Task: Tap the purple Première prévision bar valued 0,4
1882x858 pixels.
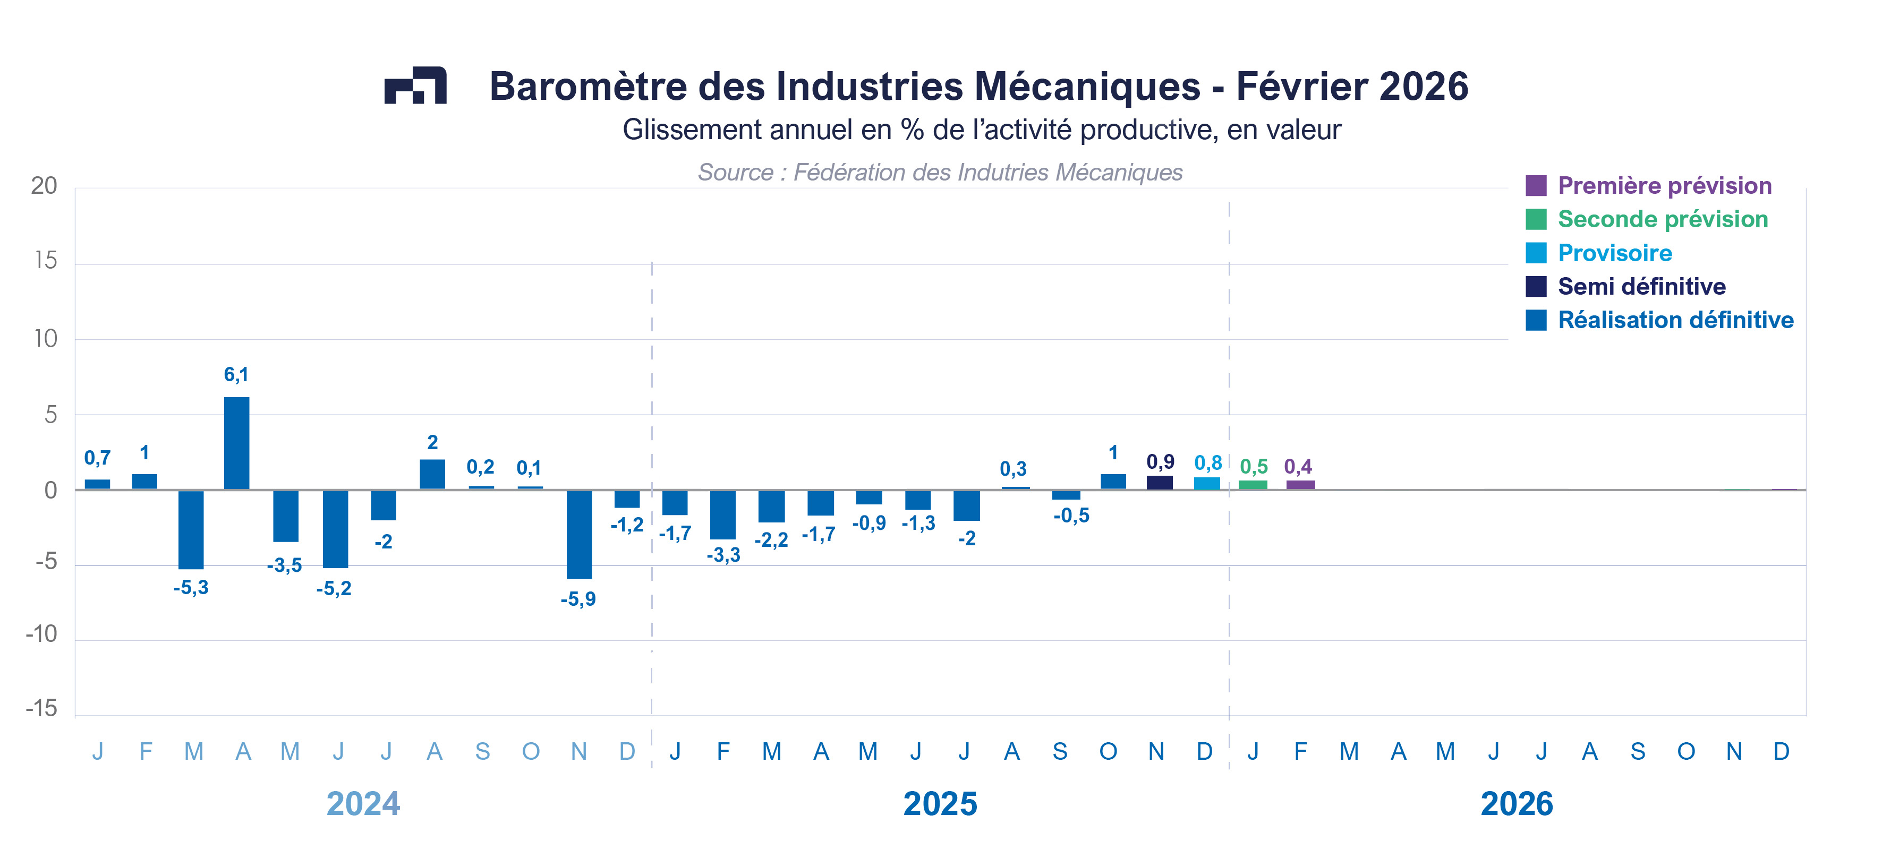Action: tap(1300, 485)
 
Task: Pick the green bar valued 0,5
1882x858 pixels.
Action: tap(1253, 485)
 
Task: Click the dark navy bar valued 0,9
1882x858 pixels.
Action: tap(1160, 482)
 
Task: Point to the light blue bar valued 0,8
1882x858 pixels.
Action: tap(1206, 483)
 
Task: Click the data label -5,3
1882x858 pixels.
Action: tap(191, 588)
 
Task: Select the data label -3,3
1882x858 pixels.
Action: tap(723, 555)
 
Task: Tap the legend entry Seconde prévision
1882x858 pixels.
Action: tap(1662, 219)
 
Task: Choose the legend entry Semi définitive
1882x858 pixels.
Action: tap(1641, 286)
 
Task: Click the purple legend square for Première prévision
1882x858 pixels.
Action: tap(1536, 185)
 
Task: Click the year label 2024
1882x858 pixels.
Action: tap(363, 804)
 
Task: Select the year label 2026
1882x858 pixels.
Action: tap(1516, 804)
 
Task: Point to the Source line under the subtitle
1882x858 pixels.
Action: tap(940, 173)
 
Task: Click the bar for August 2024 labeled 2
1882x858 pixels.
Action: tap(432, 474)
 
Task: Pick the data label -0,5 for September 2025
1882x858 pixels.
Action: tap(1071, 516)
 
